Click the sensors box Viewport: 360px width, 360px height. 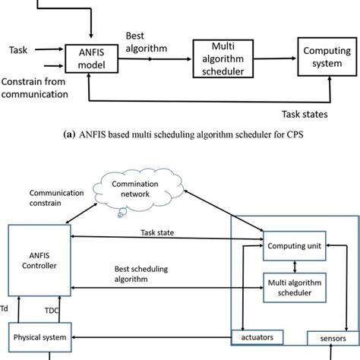click(327, 335)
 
